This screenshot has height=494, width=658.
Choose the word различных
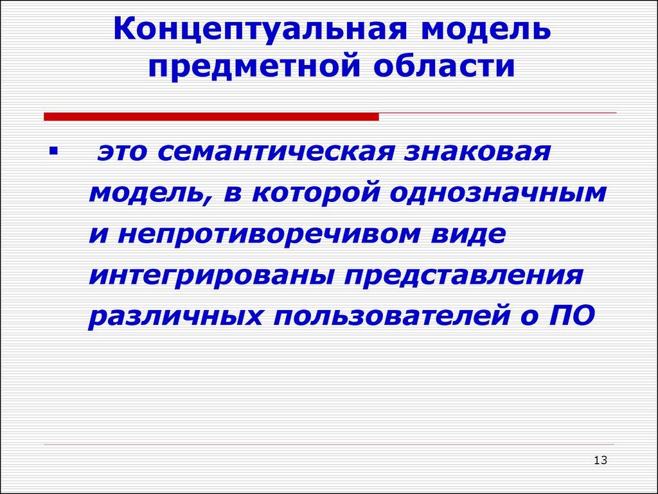coord(174,317)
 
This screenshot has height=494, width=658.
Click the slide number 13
coord(601,460)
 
